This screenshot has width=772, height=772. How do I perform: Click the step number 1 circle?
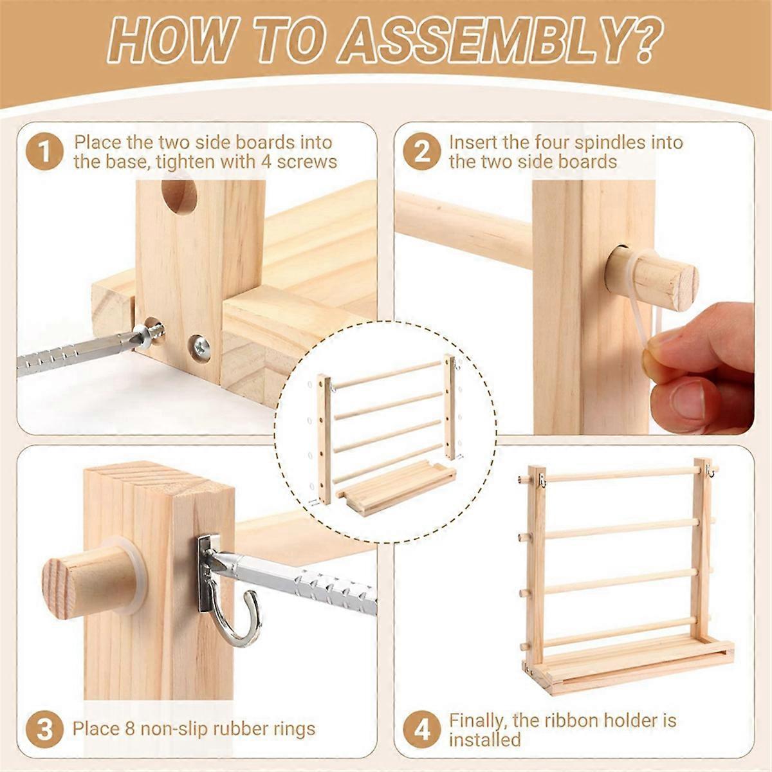pyautogui.click(x=44, y=152)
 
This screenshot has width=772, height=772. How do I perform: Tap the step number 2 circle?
pyautogui.click(x=421, y=152)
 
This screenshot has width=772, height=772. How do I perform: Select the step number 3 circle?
pyautogui.click(x=44, y=730)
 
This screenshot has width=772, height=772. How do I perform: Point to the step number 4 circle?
pyautogui.click(x=421, y=730)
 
